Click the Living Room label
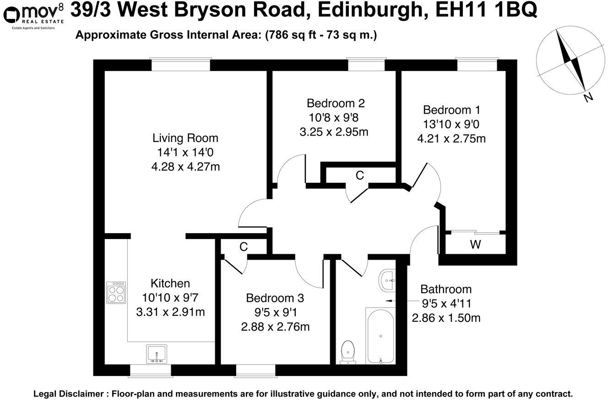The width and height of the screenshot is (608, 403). coord(185,138)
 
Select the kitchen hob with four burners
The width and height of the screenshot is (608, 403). coord(116,292)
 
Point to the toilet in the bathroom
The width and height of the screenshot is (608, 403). coord(348,352)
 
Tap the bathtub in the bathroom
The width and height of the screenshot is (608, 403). coord(380,335)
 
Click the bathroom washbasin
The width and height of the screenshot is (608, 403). coord(388,279)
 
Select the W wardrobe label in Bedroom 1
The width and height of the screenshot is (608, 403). coord(475,245)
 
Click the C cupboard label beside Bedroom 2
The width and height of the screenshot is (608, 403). coord(360,175)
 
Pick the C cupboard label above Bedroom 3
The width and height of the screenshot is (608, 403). coord(243,247)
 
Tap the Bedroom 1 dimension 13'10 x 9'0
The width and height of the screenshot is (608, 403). coord(451,124)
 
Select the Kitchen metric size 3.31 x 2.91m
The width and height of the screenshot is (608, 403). coord(170,312)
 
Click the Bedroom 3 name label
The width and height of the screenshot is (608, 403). coord(275,298)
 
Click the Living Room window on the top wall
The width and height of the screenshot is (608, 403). coord(181,65)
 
